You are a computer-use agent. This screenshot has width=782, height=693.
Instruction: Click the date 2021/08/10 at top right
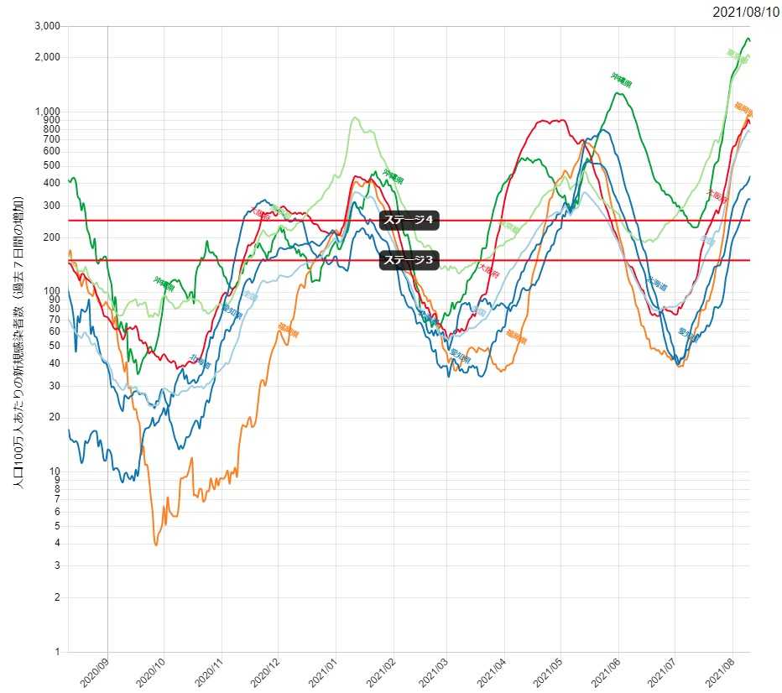(x=746, y=12)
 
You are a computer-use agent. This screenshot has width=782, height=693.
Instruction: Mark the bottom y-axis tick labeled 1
(x=57, y=652)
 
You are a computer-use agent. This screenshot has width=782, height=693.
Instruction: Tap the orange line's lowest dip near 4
(x=156, y=544)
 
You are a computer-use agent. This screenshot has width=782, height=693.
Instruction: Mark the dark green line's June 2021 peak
(x=618, y=92)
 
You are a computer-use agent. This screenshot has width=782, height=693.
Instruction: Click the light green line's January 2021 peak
(x=356, y=117)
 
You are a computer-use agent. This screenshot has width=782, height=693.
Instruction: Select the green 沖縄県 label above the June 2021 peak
(x=622, y=81)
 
